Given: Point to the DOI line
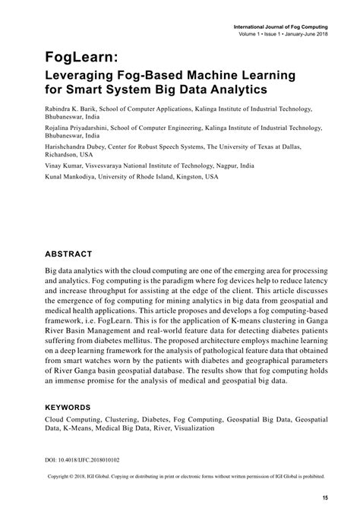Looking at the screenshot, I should click(74, 460).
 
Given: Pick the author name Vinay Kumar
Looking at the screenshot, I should click(65, 166).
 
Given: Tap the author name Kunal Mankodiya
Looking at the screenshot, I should click(74, 176).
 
